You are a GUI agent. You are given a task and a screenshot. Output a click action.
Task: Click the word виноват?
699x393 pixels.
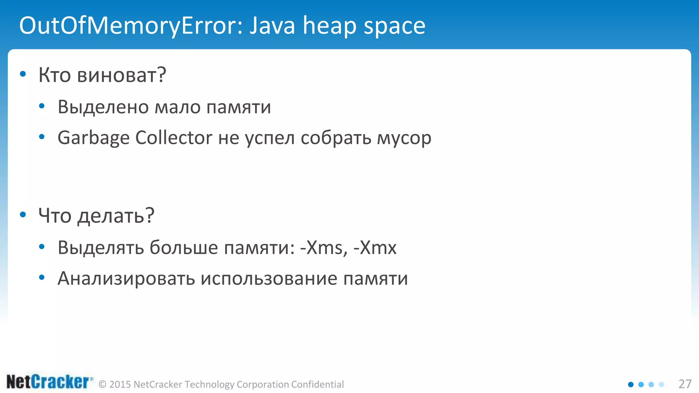click(122, 75)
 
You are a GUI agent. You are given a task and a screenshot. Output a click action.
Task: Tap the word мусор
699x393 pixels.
click(404, 138)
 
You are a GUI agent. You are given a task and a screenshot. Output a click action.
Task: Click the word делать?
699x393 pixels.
click(116, 216)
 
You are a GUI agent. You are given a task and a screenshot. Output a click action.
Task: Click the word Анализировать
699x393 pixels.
click(126, 278)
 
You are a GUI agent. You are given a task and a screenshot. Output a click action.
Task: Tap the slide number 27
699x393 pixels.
click(685, 384)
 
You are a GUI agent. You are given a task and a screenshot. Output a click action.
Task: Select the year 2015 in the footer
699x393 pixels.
click(120, 384)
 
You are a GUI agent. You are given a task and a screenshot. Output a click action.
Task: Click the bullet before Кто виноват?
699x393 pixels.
click(23, 74)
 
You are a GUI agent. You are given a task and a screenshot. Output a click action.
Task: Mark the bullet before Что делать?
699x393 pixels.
click(23, 215)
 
